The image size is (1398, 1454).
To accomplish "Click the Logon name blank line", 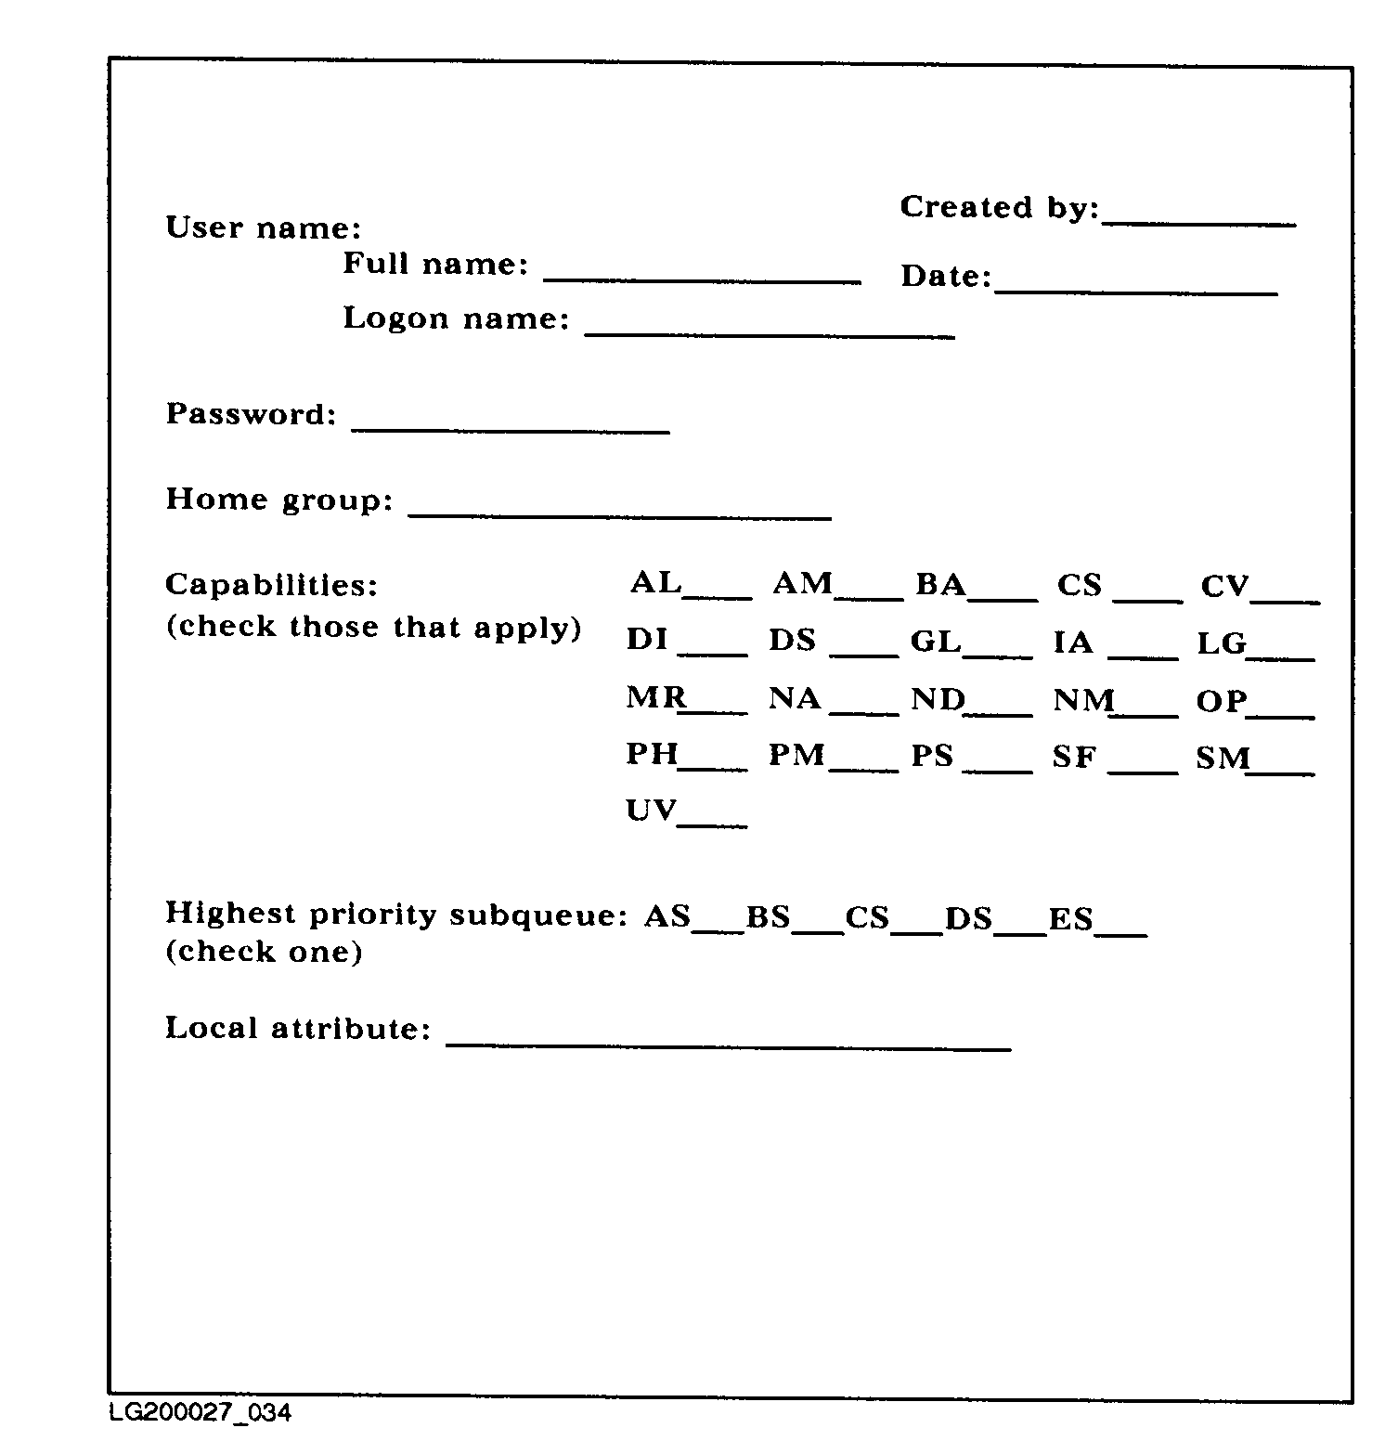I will point(770,333).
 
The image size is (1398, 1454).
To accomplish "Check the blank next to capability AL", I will point(718,595).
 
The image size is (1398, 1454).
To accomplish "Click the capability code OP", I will point(1221,701).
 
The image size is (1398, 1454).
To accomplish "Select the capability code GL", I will point(935,642).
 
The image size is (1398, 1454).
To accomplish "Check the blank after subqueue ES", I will point(1121,931).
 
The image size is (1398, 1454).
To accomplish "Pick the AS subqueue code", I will point(667,916).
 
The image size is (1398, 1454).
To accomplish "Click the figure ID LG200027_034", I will point(200,1412).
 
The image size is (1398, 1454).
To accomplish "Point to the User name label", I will point(264,228).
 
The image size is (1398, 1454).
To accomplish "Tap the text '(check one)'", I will point(264,952).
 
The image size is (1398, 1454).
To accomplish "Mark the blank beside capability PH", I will point(714,768).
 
